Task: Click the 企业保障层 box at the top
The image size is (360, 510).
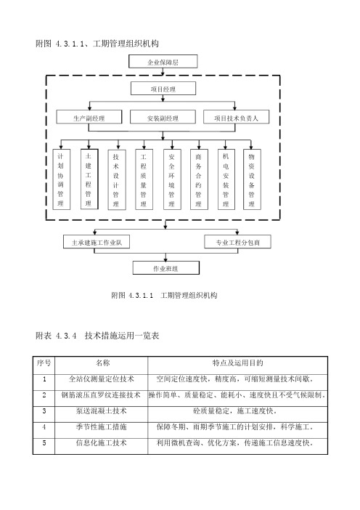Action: click(x=163, y=62)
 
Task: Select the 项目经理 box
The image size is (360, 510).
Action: click(x=163, y=89)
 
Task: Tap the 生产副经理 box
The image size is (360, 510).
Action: click(x=89, y=117)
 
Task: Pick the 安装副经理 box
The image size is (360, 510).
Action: click(x=163, y=117)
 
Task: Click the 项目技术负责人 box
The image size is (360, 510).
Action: click(x=236, y=117)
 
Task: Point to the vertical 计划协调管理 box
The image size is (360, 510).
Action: click(x=62, y=179)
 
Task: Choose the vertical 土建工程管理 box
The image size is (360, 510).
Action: click(x=89, y=179)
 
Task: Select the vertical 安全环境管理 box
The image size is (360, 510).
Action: click(x=172, y=179)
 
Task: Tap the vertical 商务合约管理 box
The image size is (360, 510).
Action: click(x=199, y=179)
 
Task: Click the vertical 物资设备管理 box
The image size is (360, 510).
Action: click(x=252, y=179)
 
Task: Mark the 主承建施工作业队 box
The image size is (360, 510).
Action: click(x=97, y=242)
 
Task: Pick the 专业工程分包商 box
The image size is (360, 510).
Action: click(x=237, y=242)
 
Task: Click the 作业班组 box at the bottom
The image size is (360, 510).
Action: click(x=165, y=268)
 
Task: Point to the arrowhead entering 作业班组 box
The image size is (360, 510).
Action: click(x=165, y=259)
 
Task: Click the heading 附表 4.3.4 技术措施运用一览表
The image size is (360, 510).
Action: click(x=97, y=336)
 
